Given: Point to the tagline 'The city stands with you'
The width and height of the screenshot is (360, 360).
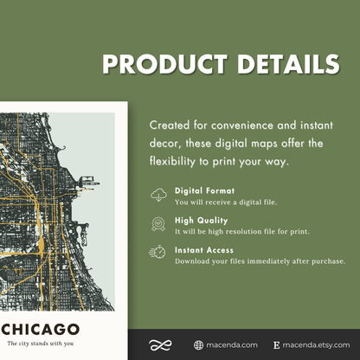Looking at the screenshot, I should (41, 345).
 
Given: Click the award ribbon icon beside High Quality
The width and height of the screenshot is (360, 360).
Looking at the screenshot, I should (158, 224).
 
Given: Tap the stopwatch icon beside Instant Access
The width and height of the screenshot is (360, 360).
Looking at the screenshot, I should (158, 253).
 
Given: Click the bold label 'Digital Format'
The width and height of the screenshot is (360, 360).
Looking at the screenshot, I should (203, 190).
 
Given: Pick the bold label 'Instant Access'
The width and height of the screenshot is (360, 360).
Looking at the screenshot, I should (203, 248).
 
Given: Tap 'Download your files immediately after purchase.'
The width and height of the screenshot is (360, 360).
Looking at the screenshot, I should (260, 260).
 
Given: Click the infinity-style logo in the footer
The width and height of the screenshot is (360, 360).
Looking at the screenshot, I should (158, 344).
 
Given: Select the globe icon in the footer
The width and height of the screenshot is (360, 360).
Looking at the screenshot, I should (199, 344).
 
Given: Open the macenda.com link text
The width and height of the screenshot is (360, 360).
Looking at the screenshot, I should (232, 344).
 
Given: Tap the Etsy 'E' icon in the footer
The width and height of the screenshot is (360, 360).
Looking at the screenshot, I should (276, 344).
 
